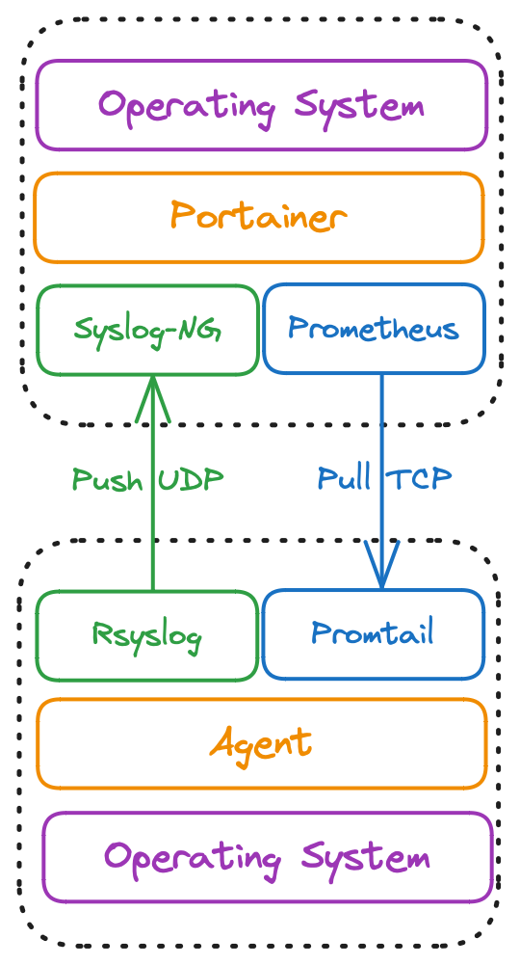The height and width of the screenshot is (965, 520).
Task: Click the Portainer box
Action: click(258, 217)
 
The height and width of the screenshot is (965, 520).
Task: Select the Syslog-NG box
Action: click(147, 329)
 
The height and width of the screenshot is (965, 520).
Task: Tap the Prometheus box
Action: click(374, 329)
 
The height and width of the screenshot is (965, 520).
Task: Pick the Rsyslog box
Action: click(147, 634)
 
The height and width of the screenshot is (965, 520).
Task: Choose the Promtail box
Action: click(373, 634)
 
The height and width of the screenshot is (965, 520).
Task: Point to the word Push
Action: click(107, 479)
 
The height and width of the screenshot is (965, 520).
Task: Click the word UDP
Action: click(192, 479)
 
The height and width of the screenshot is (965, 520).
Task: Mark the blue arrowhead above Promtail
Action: click(381, 567)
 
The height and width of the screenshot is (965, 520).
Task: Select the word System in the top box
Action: click(360, 106)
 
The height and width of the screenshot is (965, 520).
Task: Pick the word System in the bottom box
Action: click(365, 858)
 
